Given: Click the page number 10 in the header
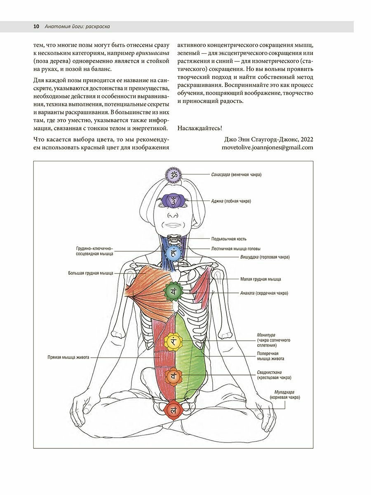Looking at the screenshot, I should (36, 26).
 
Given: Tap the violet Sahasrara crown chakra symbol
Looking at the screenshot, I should (174, 174).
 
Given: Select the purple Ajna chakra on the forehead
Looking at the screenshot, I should (174, 201).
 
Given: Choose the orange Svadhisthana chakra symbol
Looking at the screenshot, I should (174, 376).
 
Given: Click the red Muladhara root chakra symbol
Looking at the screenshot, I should (174, 411).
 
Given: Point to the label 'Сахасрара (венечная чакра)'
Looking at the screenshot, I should (236, 174).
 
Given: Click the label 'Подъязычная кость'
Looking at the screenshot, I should (229, 239).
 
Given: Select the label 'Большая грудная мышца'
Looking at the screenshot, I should (91, 273).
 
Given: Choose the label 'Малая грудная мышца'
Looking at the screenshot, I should (261, 279).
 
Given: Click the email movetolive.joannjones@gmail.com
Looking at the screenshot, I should (268, 147).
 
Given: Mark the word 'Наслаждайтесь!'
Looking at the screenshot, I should (200, 128).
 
